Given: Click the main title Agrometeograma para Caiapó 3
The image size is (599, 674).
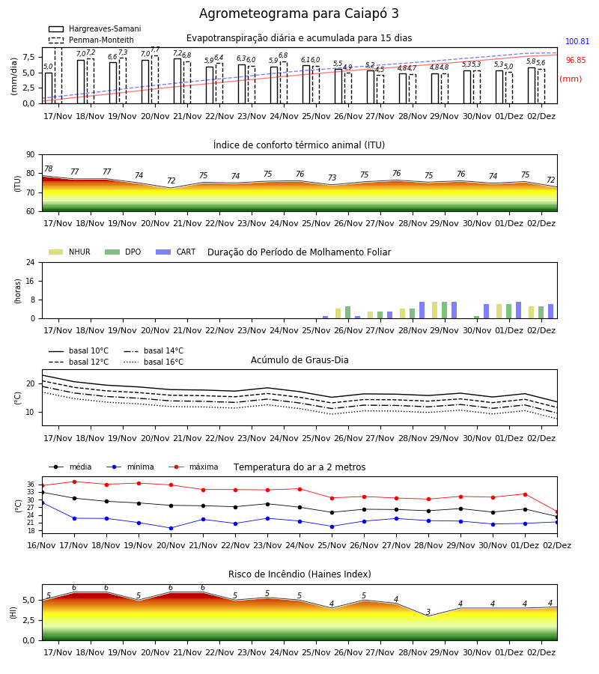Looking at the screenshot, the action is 299,13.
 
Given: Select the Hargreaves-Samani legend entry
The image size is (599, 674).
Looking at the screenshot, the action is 94,28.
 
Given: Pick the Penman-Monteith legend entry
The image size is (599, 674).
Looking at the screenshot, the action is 91,40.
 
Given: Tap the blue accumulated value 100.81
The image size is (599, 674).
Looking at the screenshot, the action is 577,42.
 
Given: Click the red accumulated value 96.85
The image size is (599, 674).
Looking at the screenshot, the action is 576,60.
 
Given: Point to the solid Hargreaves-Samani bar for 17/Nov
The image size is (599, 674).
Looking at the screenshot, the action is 49,88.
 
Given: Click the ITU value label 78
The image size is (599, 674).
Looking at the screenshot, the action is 49,169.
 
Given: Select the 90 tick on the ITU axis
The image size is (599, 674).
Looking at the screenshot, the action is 31,155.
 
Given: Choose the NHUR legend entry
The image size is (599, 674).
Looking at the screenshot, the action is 70,252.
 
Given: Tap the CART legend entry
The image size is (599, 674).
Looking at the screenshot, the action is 176,252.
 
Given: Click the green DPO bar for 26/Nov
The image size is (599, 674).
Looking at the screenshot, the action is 347,312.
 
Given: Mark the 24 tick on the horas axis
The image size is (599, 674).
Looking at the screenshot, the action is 31,262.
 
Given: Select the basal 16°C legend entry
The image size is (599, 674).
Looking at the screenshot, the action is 153,362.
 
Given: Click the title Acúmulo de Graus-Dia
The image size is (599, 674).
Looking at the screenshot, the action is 299,360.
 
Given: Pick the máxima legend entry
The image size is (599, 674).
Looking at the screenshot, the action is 193,467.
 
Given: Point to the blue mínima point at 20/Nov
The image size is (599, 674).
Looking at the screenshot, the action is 171,528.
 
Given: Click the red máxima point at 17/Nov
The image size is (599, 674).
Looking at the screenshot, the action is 74,482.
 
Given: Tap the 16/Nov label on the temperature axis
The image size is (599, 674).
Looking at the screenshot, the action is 41,545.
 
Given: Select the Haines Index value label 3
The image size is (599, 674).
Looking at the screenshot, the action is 428,612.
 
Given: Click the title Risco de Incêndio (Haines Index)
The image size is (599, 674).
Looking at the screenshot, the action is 299,574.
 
